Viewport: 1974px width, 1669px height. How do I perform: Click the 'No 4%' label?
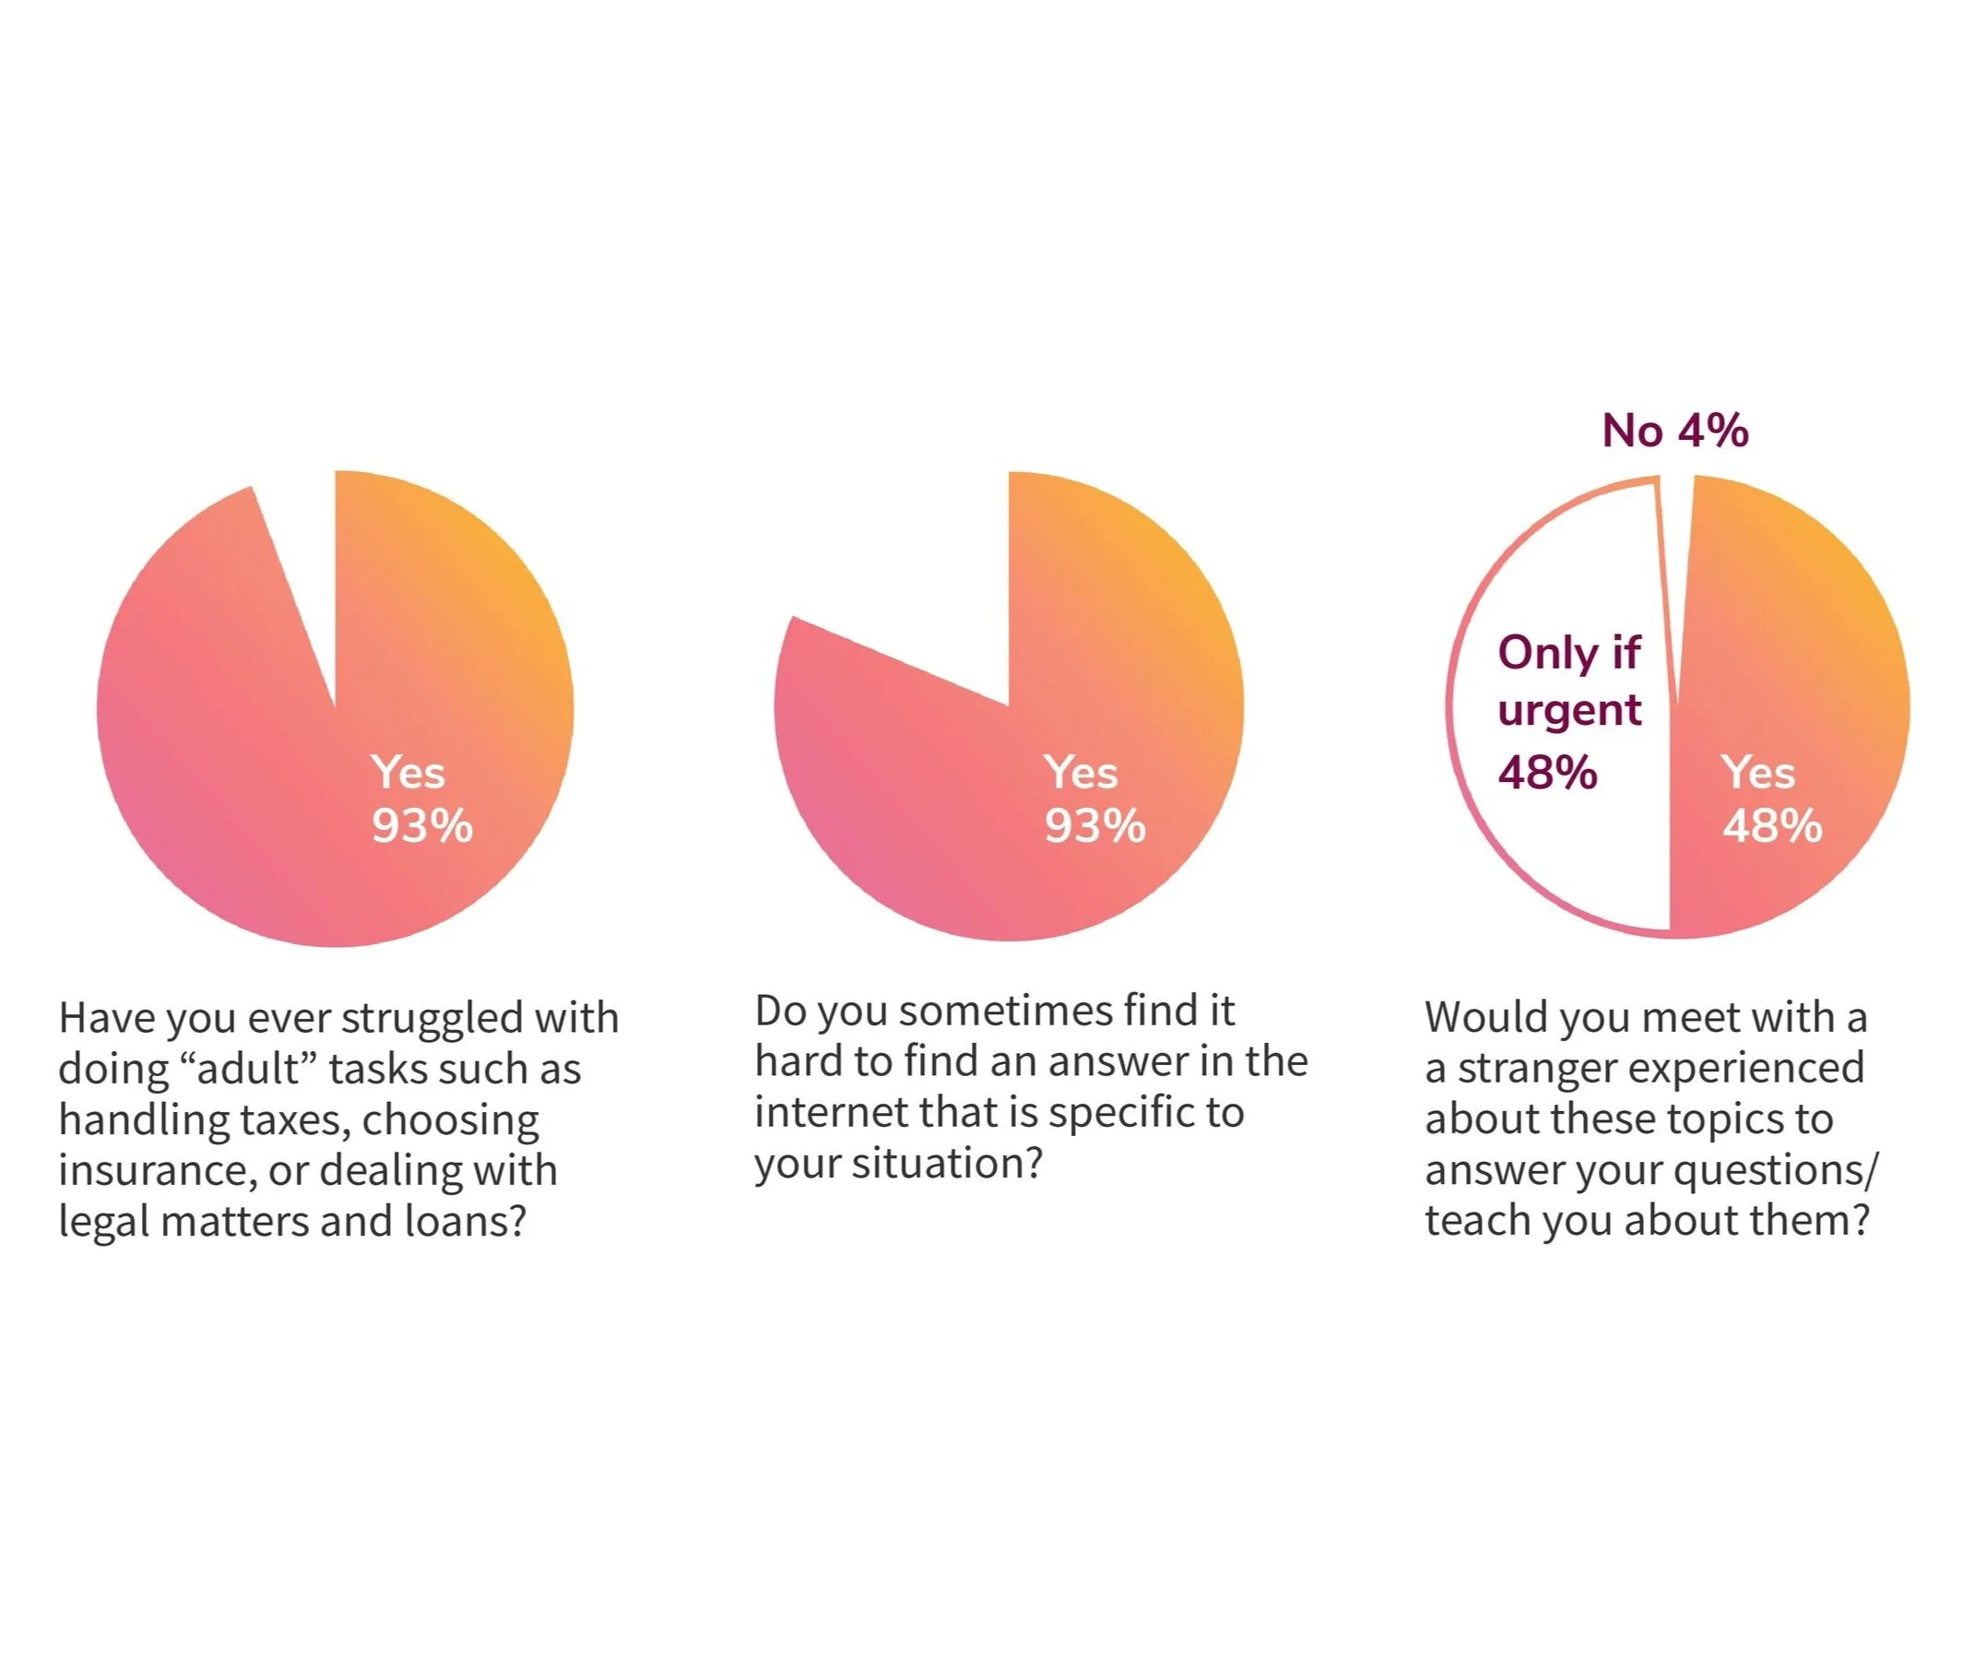point(1674,432)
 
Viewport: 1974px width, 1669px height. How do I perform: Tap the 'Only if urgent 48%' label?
point(1568,712)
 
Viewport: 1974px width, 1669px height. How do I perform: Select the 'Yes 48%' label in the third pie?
point(1770,799)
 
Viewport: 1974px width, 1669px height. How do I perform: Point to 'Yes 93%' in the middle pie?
point(1094,799)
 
